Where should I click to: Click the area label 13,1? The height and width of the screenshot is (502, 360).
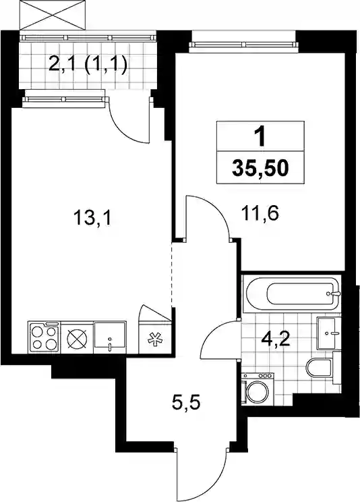[x=92, y=219]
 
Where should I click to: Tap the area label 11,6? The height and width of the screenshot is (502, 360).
[x=262, y=213]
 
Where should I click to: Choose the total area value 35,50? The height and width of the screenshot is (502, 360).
[x=260, y=168]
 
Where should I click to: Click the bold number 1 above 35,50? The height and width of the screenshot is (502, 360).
[x=261, y=138]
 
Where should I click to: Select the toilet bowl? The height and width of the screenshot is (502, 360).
[x=319, y=368]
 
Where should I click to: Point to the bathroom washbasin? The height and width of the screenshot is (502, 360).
[x=326, y=333]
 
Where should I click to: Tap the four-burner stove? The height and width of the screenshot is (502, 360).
[x=44, y=337]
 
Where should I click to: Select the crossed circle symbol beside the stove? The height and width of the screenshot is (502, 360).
[x=77, y=339]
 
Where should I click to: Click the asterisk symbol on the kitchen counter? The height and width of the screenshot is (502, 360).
[x=154, y=339]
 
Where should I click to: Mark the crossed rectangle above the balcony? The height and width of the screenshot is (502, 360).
[x=53, y=16]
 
